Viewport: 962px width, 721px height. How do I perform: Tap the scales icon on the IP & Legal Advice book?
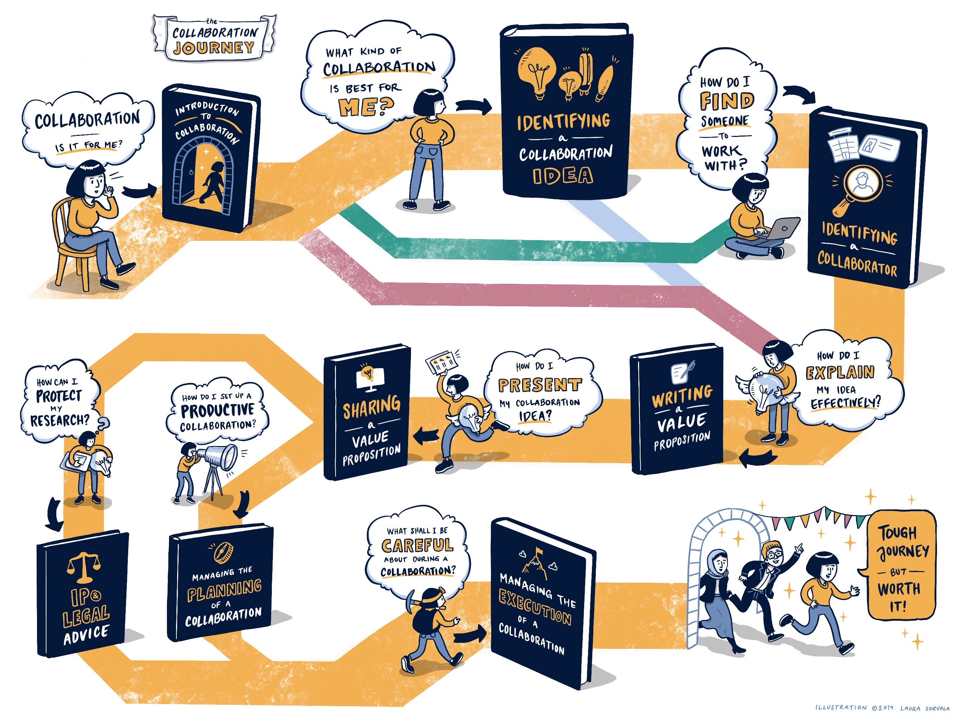coord(83,567)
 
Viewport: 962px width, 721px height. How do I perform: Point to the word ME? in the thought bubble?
coord(366,107)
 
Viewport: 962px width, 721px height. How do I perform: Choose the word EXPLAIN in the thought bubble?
coord(840,372)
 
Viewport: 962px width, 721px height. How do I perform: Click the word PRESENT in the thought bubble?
coord(540,385)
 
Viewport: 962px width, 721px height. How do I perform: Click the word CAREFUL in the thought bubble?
coord(418,545)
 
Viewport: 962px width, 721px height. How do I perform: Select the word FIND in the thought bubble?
coord(727,101)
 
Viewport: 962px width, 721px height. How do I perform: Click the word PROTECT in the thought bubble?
coord(59,396)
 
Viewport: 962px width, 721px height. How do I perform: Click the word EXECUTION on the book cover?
coord(535,607)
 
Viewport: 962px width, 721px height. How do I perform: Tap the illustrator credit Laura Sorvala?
coord(925,708)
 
